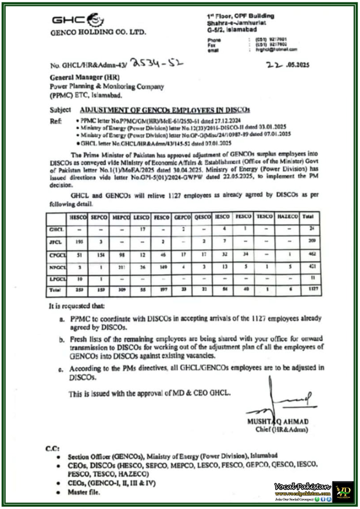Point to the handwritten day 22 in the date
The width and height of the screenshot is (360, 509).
pyautogui.click(x=274, y=65)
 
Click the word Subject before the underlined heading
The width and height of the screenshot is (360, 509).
pyautogui.click(x=60, y=110)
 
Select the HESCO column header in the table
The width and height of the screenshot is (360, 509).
pyautogui.click(x=78, y=217)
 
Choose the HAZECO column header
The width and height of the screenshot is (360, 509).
pyautogui.click(x=288, y=217)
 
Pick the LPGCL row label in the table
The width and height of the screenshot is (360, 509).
pyautogui.click(x=57, y=279)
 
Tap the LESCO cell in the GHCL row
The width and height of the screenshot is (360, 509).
pyautogui.click(x=142, y=229)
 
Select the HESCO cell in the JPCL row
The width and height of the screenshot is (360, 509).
pyautogui.click(x=79, y=242)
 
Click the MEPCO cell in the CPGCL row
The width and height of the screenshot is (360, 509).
pyautogui.click(x=122, y=255)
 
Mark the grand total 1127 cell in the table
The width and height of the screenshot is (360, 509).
pyautogui.click(x=313, y=289)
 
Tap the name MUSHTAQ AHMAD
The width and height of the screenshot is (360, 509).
pyautogui.click(x=278, y=422)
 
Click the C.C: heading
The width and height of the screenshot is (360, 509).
pyautogui.click(x=52, y=449)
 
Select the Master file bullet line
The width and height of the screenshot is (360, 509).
pyautogui.click(x=84, y=492)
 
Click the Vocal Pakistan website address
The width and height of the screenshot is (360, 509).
pyautogui.click(x=303, y=494)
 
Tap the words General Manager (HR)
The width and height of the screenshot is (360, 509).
pyautogui.click(x=84, y=77)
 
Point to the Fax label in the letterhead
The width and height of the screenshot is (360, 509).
pyautogui.click(x=211, y=45)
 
